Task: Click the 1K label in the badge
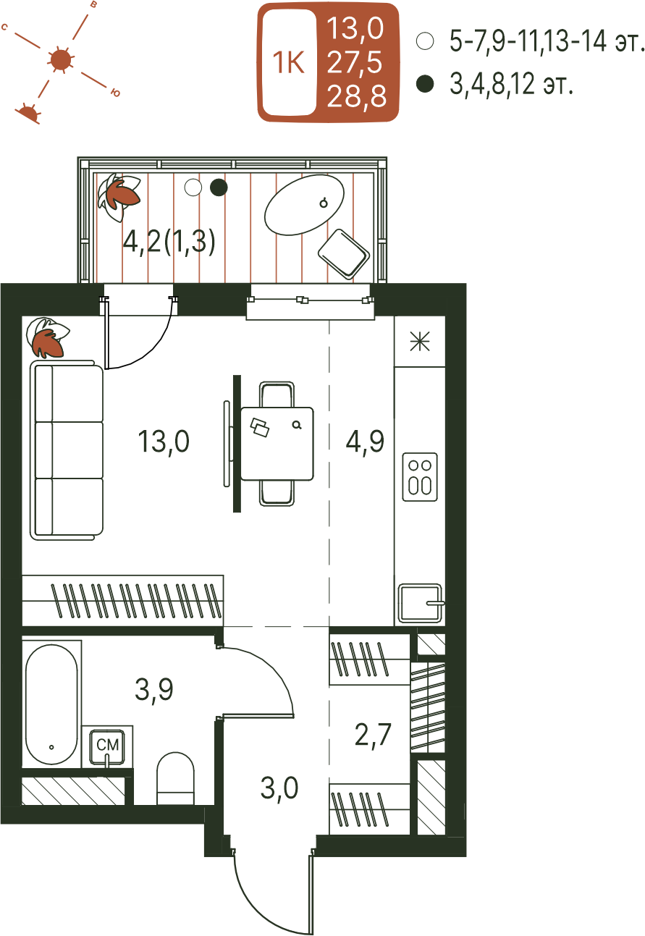point(288,63)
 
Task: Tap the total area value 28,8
point(356,96)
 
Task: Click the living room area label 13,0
point(164,442)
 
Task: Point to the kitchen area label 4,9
point(365,441)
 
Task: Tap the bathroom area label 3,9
point(153,689)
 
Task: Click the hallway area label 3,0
point(279,788)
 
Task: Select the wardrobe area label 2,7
point(373,735)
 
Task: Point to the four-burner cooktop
point(420,477)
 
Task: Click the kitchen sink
point(420,604)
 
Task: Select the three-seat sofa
point(67,450)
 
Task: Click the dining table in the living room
point(277,444)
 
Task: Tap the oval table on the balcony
point(304,205)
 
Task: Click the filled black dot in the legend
point(425,83)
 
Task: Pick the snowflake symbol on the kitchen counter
point(420,342)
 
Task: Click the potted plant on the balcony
point(118,196)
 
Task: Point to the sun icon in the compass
point(61,61)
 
